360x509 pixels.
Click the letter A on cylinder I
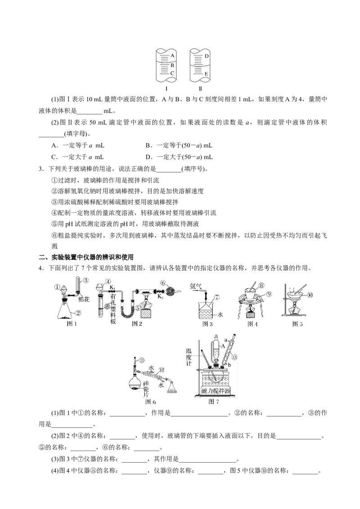(x=172, y=56)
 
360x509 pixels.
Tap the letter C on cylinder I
(x=172, y=73)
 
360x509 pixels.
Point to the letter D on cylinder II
(x=206, y=56)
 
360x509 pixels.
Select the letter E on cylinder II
(x=206, y=73)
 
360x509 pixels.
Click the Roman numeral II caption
(x=200, y=89)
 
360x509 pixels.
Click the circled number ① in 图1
(x=57, y=286)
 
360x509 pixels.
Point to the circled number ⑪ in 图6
(x=142, y=360)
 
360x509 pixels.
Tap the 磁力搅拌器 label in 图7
(x=216, y=391)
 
